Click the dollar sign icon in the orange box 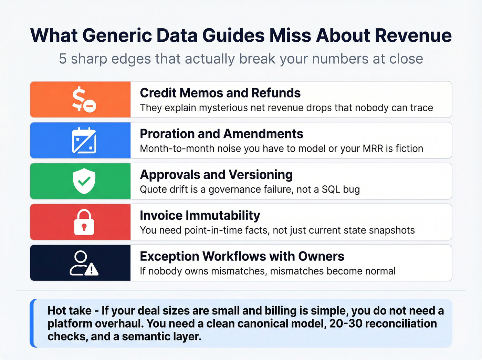(x=84, y=99)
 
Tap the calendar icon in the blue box (x=84, y=140)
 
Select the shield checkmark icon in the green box (x=84, y=181)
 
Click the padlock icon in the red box (x=84, y=222)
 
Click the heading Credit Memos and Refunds (x=220, y=93)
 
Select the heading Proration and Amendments (x=221, y=134)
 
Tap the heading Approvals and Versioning (x=216, y=175)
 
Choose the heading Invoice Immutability (x=200, y=215)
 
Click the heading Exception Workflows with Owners (x=242, y=256)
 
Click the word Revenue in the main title (x=413, y=35)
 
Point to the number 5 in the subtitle (x=62, y=59)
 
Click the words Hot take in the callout (x=69, y=311)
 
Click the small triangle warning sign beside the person (x=92, y=270)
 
